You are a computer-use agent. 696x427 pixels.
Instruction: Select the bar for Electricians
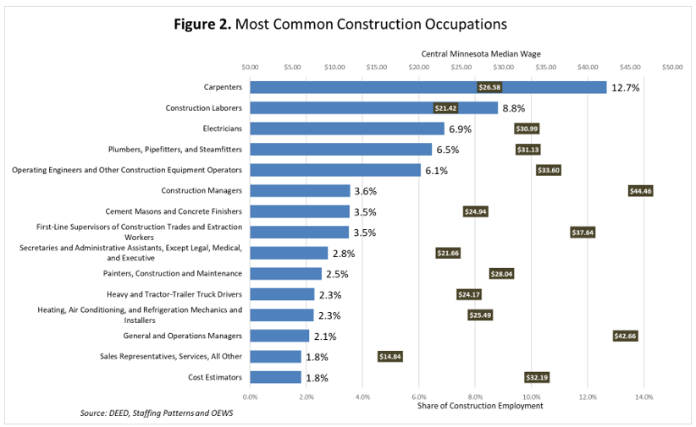347,129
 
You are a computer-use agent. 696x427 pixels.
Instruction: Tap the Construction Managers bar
300,191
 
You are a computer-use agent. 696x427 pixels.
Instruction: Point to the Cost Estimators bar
275,377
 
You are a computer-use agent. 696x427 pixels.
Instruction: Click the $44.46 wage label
641,191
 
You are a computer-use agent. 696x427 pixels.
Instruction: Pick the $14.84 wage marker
390,356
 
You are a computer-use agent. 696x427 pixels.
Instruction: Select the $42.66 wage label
625,336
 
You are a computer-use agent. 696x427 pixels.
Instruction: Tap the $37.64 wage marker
583,233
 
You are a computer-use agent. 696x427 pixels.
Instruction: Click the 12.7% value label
625,87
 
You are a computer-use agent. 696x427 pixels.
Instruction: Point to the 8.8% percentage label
514,108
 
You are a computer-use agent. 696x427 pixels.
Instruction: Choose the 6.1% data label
436,170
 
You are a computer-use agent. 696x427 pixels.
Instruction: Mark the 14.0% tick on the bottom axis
644,396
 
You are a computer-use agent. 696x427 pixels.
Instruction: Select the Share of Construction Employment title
480,405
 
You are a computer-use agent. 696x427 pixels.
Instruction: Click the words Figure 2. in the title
202,24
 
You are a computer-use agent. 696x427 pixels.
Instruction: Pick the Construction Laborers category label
203,108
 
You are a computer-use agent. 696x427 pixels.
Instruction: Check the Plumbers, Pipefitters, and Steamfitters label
175,150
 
